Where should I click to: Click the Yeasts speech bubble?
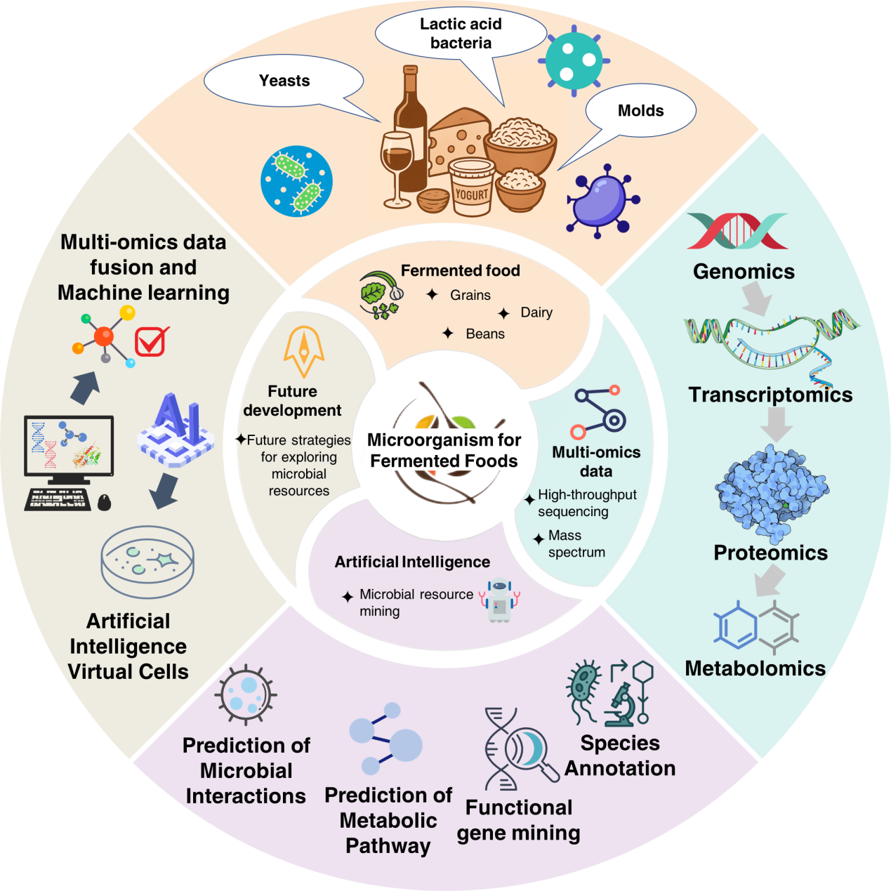point(284,81)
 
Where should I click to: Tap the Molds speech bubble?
point(640,111)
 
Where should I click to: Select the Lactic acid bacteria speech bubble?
point(461,34)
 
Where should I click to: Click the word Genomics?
point(744,272)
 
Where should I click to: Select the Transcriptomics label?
point(770,395)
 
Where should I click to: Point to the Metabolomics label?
point(755,668)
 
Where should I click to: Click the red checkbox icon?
point(151,341)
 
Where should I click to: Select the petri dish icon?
point(147,561)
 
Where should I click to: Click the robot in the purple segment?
point(499,599)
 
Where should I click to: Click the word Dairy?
point(536,312)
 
